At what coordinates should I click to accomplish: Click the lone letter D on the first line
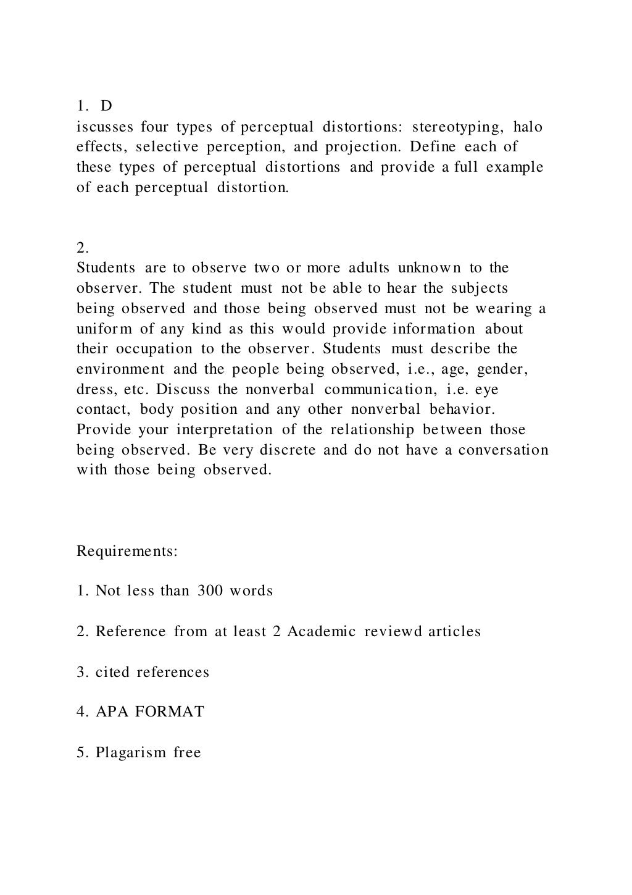click(x=106, y=106)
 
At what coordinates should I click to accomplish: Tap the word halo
click(x=528, y=127)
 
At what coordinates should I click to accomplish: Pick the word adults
click(x=369, y=267)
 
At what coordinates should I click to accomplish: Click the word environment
click(x=120, y=369)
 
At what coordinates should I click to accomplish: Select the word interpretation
click(x=225, y=429)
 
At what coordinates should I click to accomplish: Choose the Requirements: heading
click(x=127, y=551)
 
